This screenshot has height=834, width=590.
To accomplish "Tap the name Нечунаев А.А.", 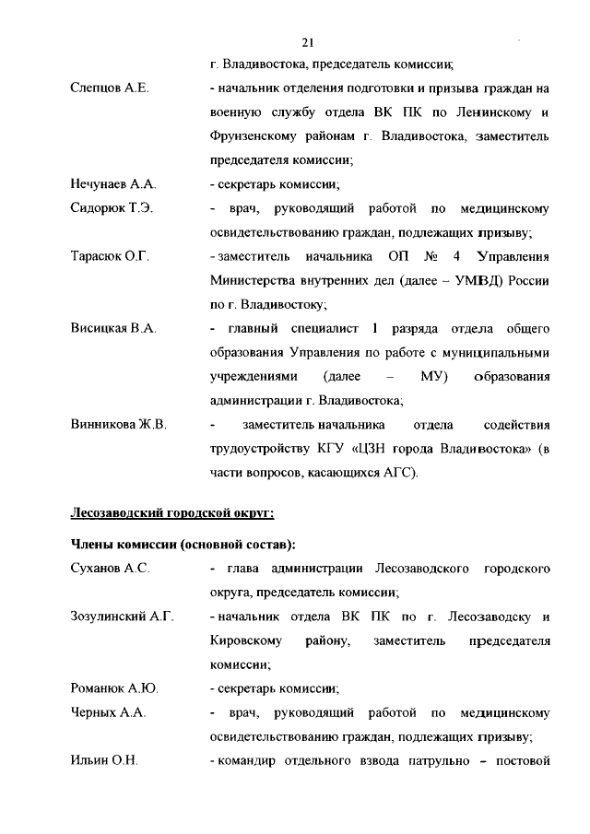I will pyautogui.click(x=114, y=184).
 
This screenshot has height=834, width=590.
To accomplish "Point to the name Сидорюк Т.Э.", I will pyautogui.click(x=112, y=208).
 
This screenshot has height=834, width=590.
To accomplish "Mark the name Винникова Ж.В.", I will pyautogui.click(x=118, y=425).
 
